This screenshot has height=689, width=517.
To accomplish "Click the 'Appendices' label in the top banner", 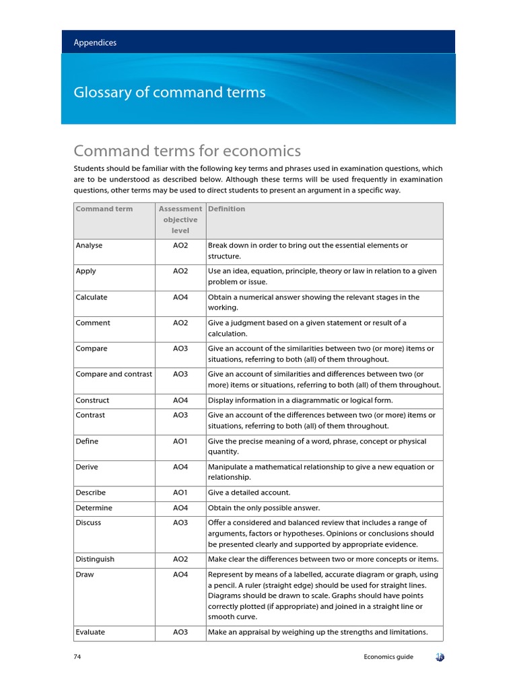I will (95, 42).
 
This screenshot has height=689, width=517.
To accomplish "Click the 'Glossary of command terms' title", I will (170, 92).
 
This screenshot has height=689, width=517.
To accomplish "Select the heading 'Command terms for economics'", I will (187, 151).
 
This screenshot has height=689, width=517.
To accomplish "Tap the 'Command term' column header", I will (104, 209).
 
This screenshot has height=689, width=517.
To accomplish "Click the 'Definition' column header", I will (227, 209).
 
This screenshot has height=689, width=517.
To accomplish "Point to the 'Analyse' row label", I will (89, 246).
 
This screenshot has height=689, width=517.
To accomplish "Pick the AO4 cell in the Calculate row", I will (180, 297).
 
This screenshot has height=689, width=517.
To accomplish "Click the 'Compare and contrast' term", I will (114, 374).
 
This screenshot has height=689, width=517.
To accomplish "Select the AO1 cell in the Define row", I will (180, 441).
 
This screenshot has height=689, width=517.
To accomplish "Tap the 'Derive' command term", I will (88, 467).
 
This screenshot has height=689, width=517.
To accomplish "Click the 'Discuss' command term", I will (89, 523).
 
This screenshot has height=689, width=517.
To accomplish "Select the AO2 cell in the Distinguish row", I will (180, 559).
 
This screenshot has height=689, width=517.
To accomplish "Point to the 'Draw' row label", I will (85, 575).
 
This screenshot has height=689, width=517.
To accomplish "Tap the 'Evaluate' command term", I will (90, 632).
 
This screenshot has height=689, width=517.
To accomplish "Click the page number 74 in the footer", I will (77, 657).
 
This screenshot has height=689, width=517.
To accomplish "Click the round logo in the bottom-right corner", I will (440, 657).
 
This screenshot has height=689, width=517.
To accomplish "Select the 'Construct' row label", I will (92, 400).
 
